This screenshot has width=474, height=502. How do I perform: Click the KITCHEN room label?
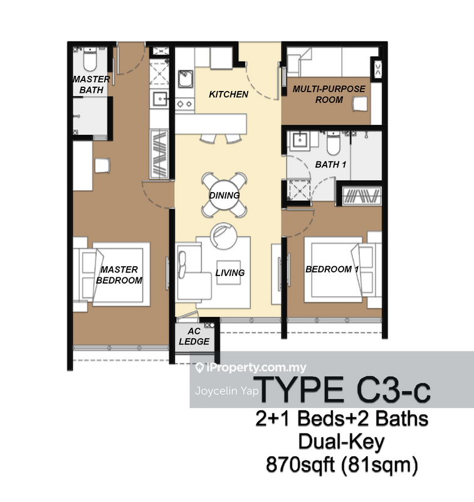(228, 94)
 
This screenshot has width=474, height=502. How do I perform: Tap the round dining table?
(224, 195)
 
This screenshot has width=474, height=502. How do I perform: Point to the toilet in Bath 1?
(333, 144)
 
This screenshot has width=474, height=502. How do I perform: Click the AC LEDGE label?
(194, 336)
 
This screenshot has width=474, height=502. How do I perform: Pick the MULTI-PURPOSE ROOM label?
(329, 94)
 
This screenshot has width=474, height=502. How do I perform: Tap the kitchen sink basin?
(186, 79)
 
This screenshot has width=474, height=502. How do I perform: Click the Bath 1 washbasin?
(300, 140)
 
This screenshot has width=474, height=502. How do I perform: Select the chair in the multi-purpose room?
(360, 104)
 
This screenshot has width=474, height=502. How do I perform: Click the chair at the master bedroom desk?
(102, 165)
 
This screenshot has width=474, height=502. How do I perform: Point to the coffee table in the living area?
(228, 272)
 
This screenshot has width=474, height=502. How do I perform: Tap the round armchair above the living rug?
(224, 236)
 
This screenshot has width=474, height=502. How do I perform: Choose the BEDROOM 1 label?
(332, 269)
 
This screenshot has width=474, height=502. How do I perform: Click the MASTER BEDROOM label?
(119, 275)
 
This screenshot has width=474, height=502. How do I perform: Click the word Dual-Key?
(341, 442)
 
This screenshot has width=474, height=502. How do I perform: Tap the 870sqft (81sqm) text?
(342, 465)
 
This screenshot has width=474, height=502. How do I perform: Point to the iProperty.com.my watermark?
(251, 368)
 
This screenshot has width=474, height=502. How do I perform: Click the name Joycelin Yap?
(227, 391)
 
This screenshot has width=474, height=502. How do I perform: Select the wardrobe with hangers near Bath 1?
(362, 196)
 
